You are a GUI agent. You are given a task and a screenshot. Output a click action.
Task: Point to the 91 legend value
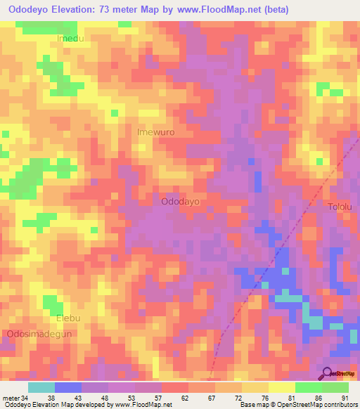(345, 396)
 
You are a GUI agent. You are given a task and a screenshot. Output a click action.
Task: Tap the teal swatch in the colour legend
(41, 387)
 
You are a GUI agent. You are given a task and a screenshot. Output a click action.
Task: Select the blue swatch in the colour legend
(68, 387)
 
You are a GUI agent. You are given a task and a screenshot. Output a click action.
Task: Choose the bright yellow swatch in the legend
(281, 387)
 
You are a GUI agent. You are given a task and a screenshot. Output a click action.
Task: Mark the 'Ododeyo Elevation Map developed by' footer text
(57, 405)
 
